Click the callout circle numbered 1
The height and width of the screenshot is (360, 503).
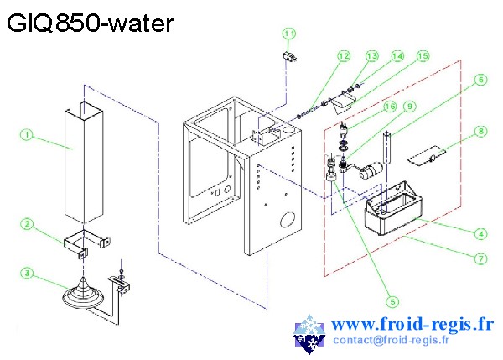pyautogui.click(x=27, y=133)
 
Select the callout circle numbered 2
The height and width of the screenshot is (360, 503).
pyautogui.click(x=27, y=224)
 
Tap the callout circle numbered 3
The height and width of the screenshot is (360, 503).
pyautogui.click(x=27, y=273)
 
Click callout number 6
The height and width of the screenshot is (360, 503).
pyautogui.click(x=480, y=81)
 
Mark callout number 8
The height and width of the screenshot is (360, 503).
pyautogui.click(x=480, y=131)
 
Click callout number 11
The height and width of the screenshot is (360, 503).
pyautogui.click(x=289, y=34)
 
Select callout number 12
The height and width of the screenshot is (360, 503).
pyautogui.click(x=343, y=55)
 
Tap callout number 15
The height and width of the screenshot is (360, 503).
pyautogui.click(x=423, y=55)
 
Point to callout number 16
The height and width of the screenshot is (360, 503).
pyautogui.click(x=389, y=107)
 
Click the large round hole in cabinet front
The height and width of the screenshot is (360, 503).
pyautogui.click(x=285, y=222)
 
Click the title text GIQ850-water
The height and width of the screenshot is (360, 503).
pyautogui.click(x=91, y=23)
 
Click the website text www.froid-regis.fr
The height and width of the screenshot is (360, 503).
pyautogui.click(x=412, y=325)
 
